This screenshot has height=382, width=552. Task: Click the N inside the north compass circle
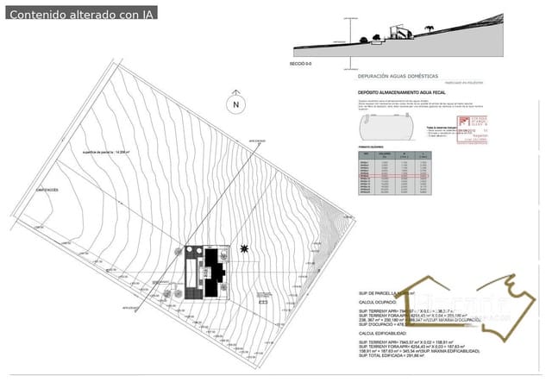[234, 104]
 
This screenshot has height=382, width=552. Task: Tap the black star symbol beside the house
[247, 249]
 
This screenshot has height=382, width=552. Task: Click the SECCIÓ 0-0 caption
[302, 64]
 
